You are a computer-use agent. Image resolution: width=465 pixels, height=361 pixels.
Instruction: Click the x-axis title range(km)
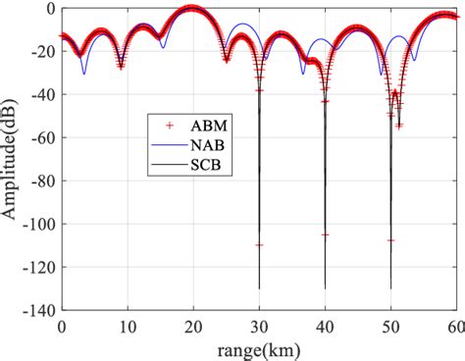[x=259, y=349]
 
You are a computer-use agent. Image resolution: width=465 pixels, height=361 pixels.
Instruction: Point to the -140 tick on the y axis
[x=39, y=310]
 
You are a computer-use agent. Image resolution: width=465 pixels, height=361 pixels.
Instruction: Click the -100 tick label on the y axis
[x=39, y=224]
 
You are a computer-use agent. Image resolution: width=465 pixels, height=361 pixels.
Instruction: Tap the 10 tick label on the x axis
[x=128, y=326]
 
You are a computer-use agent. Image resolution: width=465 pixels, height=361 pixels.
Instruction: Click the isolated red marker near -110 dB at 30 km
[x=259, y=244]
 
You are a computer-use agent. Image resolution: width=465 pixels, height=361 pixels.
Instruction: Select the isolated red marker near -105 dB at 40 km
[x=325, y=234]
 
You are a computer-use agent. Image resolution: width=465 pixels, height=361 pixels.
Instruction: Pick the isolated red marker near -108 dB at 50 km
[x=390, y=240]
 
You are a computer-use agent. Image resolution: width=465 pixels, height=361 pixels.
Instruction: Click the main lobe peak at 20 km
[x=192, y=9]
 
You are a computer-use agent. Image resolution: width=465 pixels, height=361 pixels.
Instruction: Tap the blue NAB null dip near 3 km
[x=83, y=74]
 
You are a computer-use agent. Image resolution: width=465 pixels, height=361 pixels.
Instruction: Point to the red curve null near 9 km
[x=121, y=66]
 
